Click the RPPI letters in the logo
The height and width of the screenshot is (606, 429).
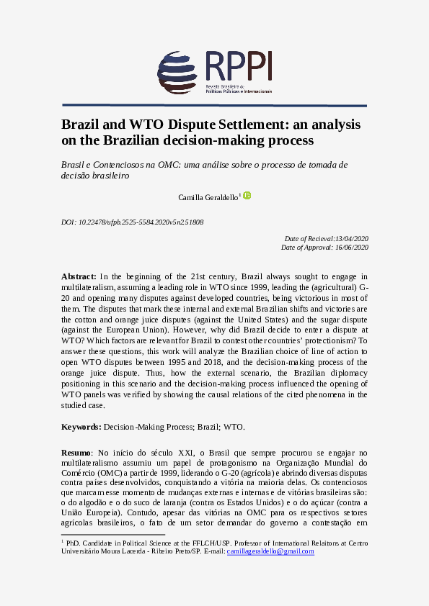pyautogui.click(x=238, y=67)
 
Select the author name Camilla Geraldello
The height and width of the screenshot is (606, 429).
pyautogui.click(x=208, y=196)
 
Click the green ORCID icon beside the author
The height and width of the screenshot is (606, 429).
pyautogui.click(x=247, y=195)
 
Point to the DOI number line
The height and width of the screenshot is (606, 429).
pyautogui.click(x=133, y=222)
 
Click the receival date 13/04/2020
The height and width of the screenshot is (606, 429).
pyautogui.click(x=353, y=238)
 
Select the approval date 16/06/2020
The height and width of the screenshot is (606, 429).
pyautogui.click(x=351, y=247)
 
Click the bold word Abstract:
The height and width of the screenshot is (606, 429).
pyautogui.click(x=79, y=276)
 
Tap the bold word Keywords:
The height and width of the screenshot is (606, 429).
pyautogui.click(x=81, y=427)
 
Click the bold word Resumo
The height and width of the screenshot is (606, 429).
pyautogui.click(x=76, y=451)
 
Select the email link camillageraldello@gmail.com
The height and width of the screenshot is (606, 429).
pyautogui.click(x=270, y=551)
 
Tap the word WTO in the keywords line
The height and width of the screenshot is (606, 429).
pyautogui.click(x=234, y=427)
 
